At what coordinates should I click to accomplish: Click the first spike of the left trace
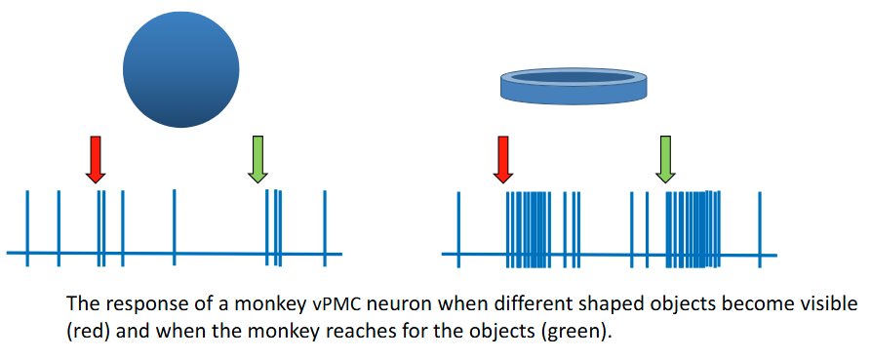27,226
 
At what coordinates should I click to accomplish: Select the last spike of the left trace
324,226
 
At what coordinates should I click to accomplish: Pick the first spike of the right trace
458,226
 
